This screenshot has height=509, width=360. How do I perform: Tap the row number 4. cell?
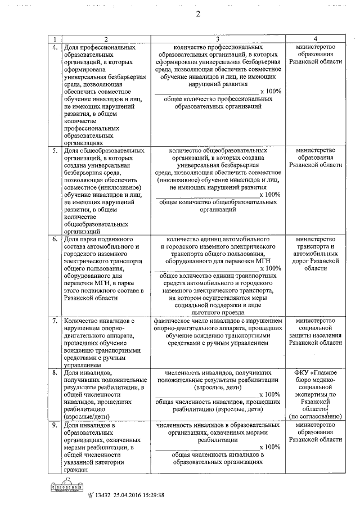(55, 47)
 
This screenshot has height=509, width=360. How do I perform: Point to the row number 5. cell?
(55, 151)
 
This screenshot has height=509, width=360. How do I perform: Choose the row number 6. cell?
(55, 239)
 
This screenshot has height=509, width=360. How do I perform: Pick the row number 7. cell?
(55, 321)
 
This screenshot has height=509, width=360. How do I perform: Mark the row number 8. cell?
(55, 373)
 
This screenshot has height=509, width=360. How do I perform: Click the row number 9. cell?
(55, 425)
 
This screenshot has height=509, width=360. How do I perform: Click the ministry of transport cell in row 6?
(318, 254)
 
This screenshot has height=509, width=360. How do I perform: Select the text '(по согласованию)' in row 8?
(318, 417)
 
